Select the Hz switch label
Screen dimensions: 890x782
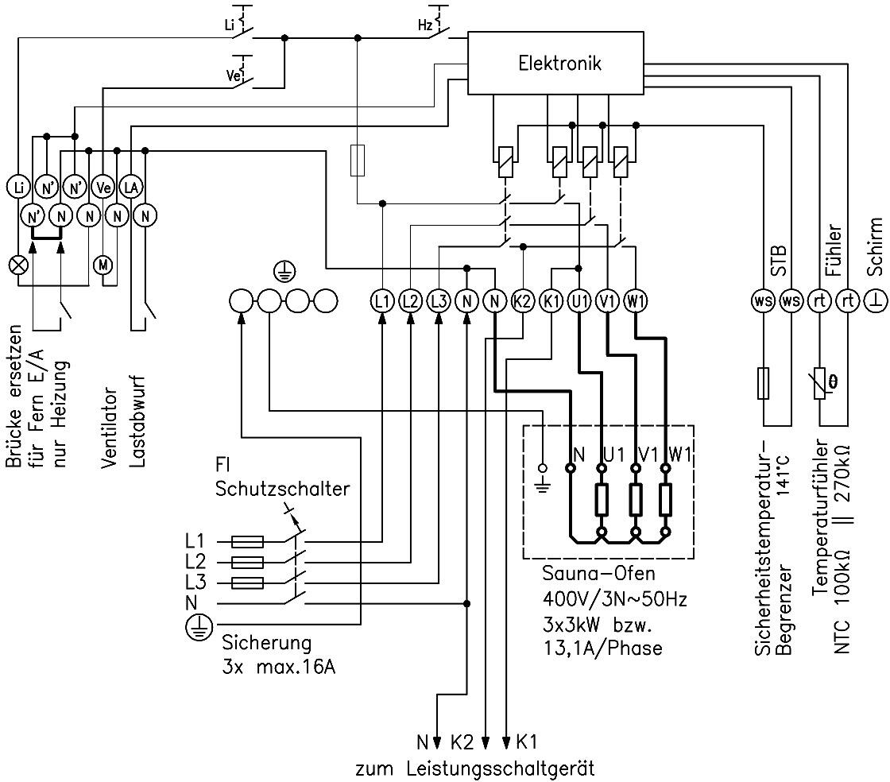click(x=425, y=25)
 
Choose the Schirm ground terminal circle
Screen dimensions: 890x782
click(x=876, y=300)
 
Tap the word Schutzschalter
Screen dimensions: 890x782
click(x=282, y=489)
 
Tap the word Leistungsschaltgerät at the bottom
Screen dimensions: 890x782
click(x=500, y=769)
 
